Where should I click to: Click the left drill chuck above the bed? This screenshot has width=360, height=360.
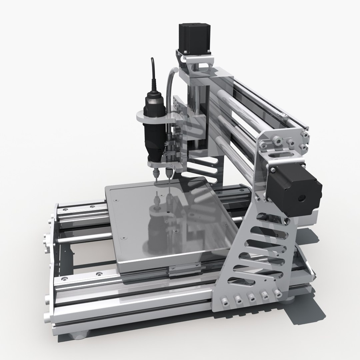(x=156, y=174)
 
